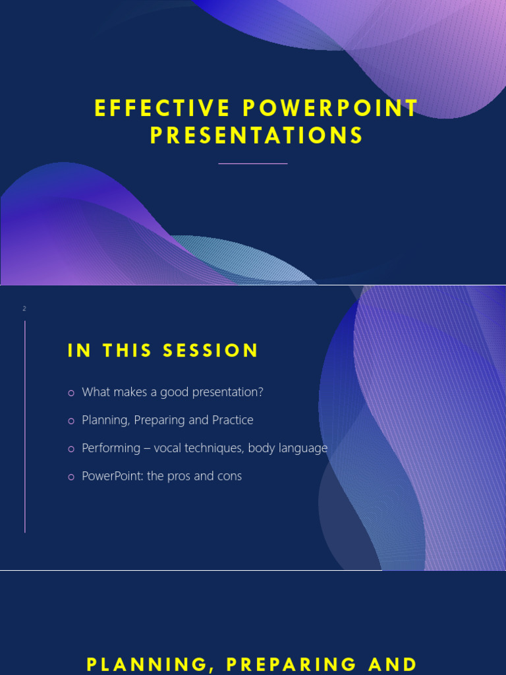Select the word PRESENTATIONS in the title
pyautogui.click(x=257, y=136)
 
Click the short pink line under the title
pyautogui.click(x=253, y=163)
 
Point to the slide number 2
pyautogui.click(x=24, y=308)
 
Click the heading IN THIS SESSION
pyautogui.click(x=163, y=351)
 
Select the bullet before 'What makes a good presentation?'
pyautogui.click(x=71, y=393)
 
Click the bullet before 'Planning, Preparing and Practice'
pyautogui.click(x=71, y=421)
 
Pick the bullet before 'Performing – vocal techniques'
pyautogui.click(x=71, y=449)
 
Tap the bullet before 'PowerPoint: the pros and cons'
pyautogui.click(x=71, y=477)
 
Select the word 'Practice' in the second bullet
pyautogui.click(x=233, y=420)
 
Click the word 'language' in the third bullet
pyautogui.click(x=305, y=448)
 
